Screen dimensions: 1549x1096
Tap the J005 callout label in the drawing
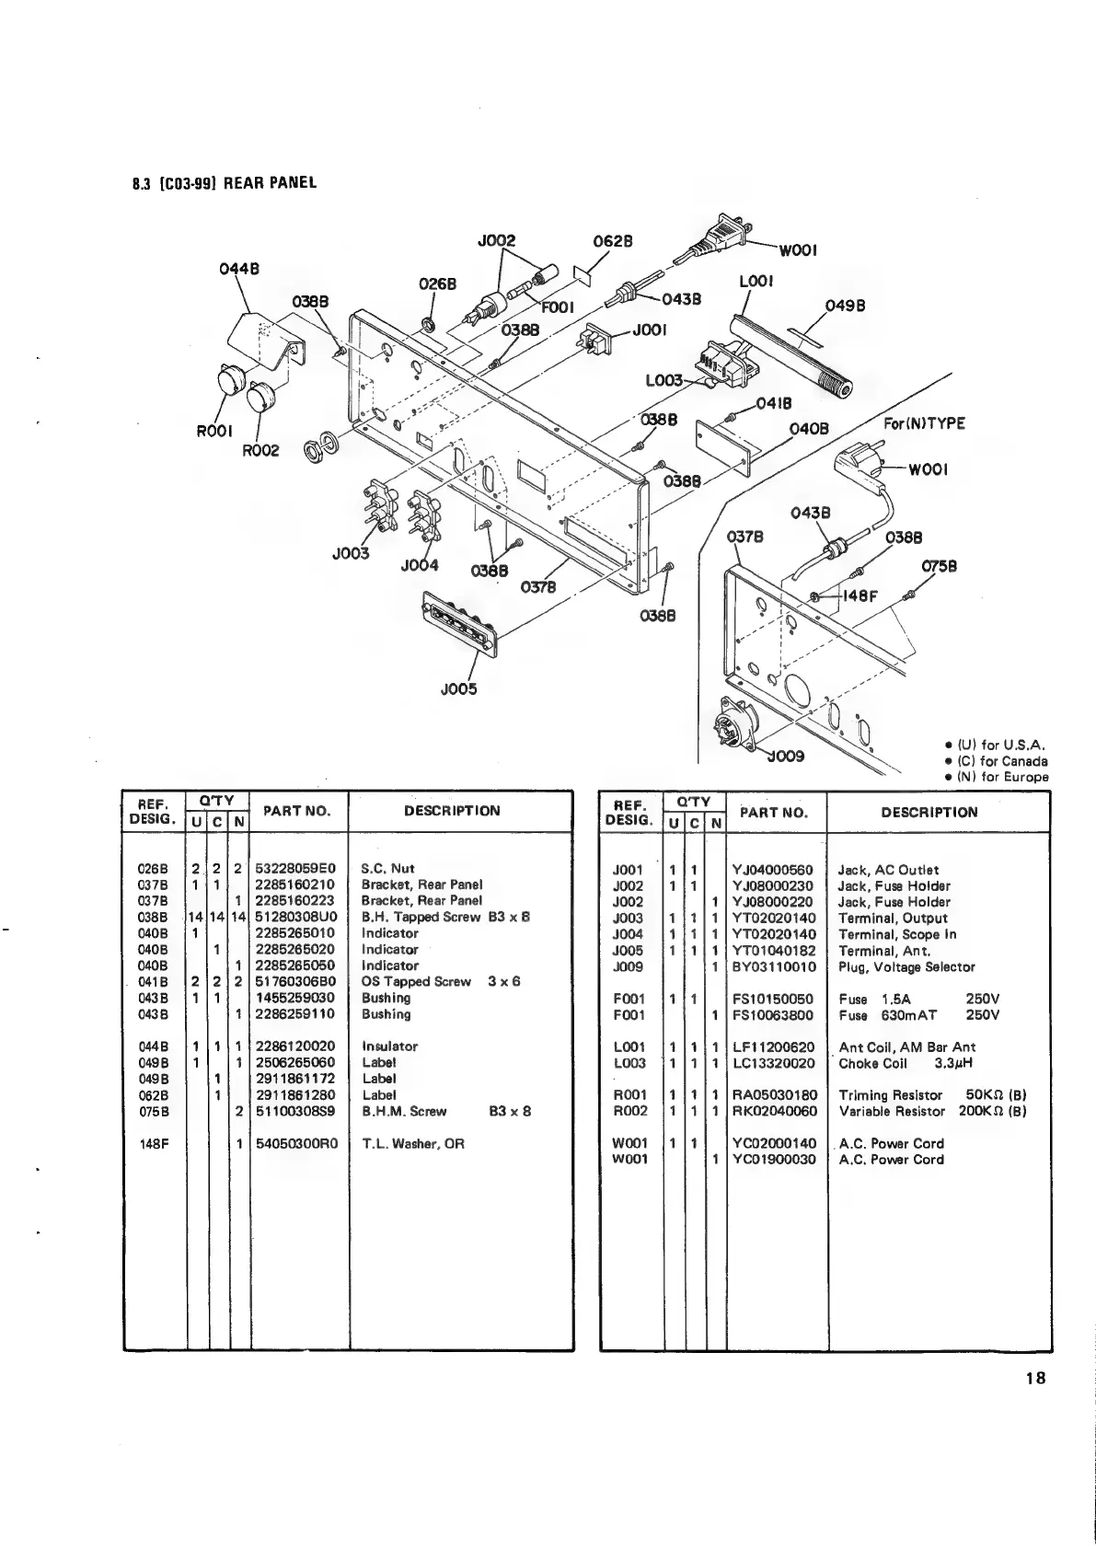pyautogui.click(x=460, y=688)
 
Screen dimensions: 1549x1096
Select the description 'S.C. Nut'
pyautogui.click(x=388, y=868)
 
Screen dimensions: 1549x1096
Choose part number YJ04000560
pyautogui.click(x=773, y=870)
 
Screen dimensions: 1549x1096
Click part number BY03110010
pyautogui.click(x=773, y=967)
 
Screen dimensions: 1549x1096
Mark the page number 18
pyautogui.click(x=1034, y=1379)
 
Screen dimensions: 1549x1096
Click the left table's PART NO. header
pyautogui.click(x=296, y=811)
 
